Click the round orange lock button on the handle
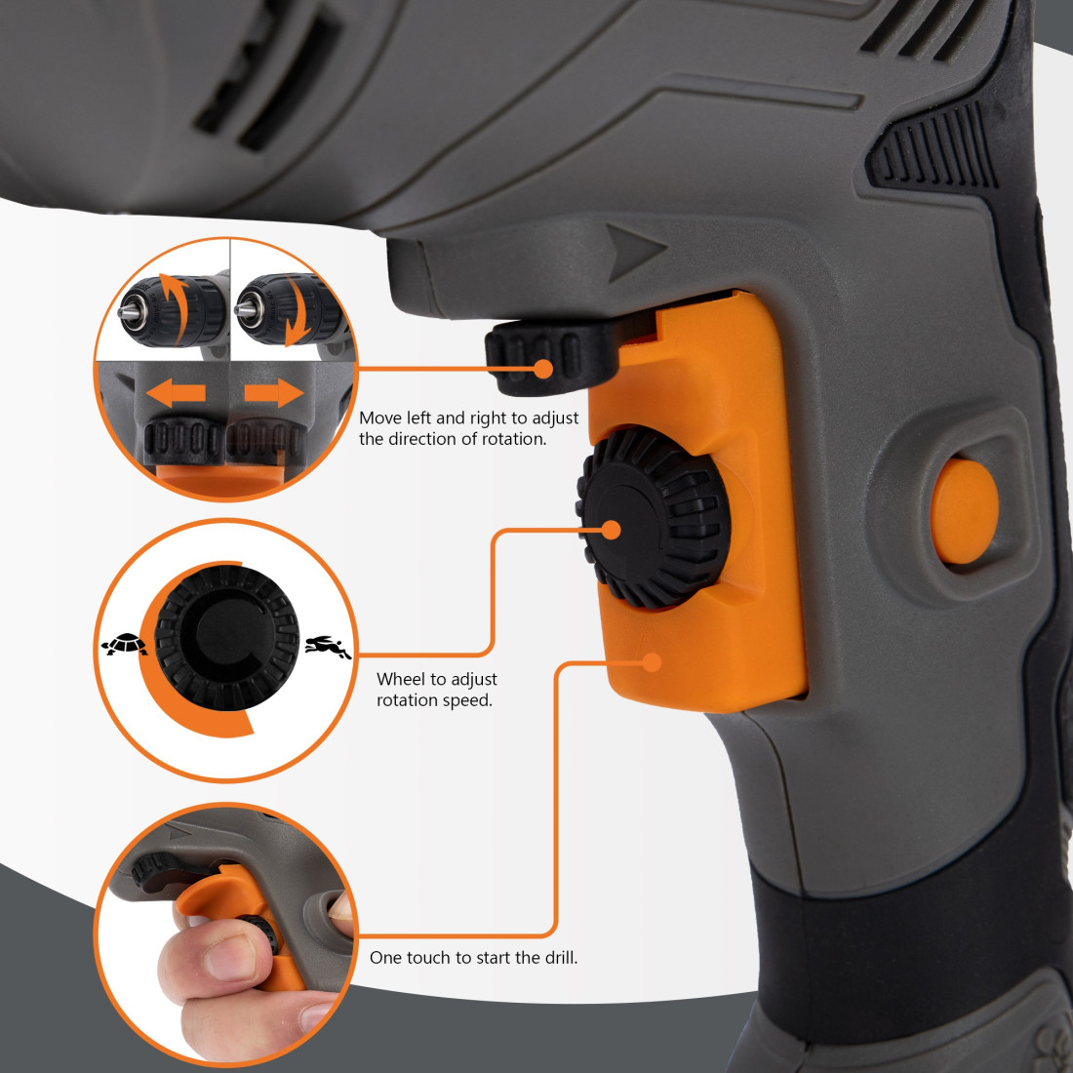point(964,511)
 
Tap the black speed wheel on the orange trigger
point(654,517)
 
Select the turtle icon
point(124,644)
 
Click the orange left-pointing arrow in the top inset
point(176,393)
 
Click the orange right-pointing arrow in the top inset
point(274,393)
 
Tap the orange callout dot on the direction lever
point(542,369)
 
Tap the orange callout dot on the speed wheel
point(611,530)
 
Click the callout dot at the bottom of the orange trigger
point(653,661)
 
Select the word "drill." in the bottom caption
point(561,957)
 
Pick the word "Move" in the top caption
point(380,417)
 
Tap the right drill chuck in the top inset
point(288,310)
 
